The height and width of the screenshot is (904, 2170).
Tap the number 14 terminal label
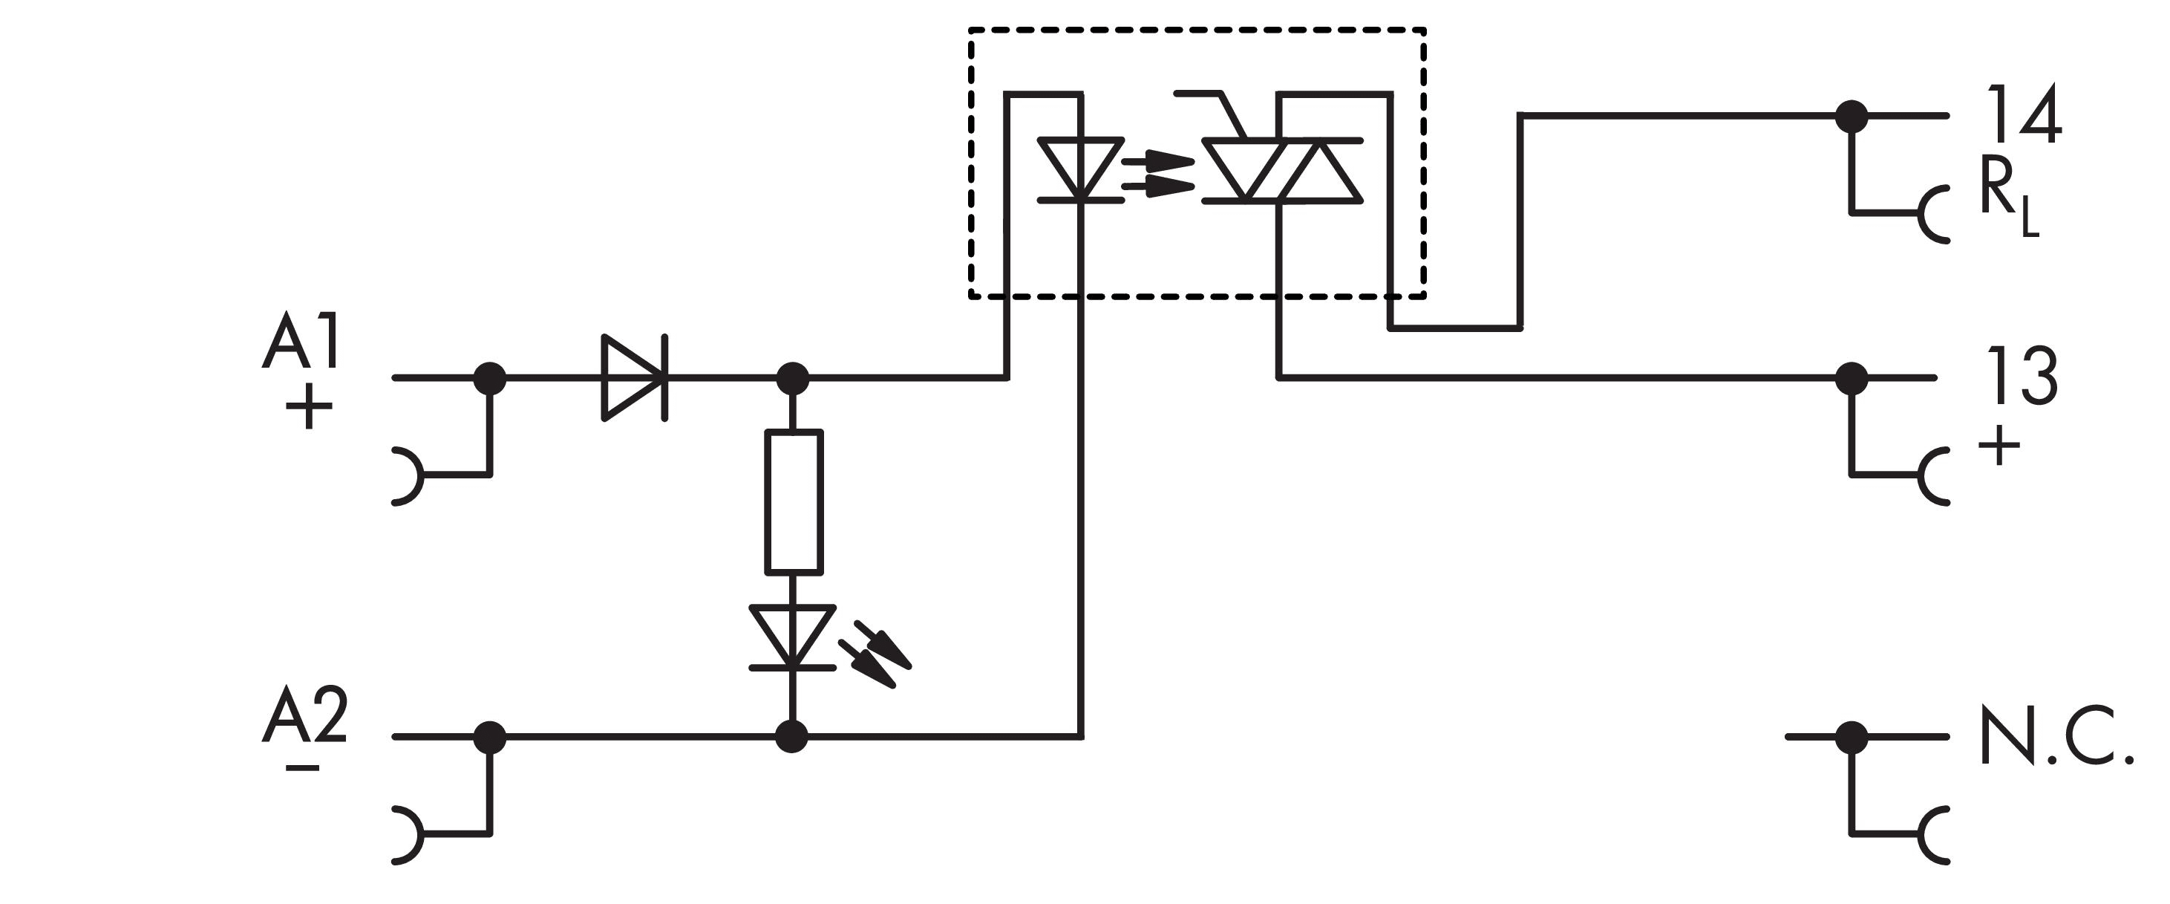(x=2022, y=115)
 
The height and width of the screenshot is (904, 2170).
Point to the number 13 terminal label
(x=2022, y=377)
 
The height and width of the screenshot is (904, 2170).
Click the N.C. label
(x=2056, y=737)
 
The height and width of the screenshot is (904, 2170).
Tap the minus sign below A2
(x=302, y=767)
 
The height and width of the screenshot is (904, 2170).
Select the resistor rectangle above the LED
(x=794, y=502)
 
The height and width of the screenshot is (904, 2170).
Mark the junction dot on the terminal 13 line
(x=1852, y=378)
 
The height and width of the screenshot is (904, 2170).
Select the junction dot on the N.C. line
(x=1852, y=737)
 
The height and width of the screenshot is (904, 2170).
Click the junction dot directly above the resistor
(x=792, y=378)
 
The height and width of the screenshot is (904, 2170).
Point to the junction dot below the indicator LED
(x=792, y=737)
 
